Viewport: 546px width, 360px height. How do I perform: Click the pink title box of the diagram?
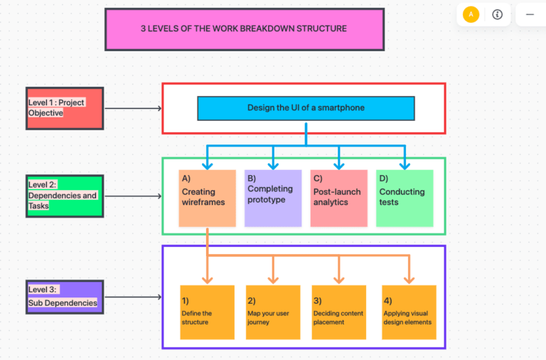click(244, 29)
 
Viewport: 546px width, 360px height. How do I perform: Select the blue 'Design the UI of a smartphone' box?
click(306, 108)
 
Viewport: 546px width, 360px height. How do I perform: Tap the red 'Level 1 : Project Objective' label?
click(65, 108)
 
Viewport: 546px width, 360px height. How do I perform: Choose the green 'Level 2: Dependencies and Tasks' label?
click(65, 196)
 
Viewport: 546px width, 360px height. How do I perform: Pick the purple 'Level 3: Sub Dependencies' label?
click(65, 297)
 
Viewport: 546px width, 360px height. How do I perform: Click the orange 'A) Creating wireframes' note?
click(207, 198)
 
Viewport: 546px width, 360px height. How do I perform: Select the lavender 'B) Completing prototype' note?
click(273, 198)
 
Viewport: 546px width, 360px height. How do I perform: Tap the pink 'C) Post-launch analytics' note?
click(338, 198)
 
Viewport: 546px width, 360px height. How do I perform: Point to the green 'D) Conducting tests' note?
click(405, 198)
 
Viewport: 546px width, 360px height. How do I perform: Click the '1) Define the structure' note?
click(207, 312)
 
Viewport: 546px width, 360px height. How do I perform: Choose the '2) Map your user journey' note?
click(273, 312)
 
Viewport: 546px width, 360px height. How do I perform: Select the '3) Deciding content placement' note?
click(338, 312)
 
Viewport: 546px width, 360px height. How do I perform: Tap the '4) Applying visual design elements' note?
click(409, 312)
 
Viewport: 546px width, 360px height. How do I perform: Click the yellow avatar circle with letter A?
click(471, 14)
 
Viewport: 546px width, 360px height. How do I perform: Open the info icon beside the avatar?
click(497, 14)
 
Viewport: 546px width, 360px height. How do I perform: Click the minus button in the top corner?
click(530, 14)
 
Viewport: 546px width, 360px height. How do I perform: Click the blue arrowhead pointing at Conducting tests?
click(405, 165)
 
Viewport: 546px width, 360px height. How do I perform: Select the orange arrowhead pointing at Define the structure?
click(208, 279)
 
